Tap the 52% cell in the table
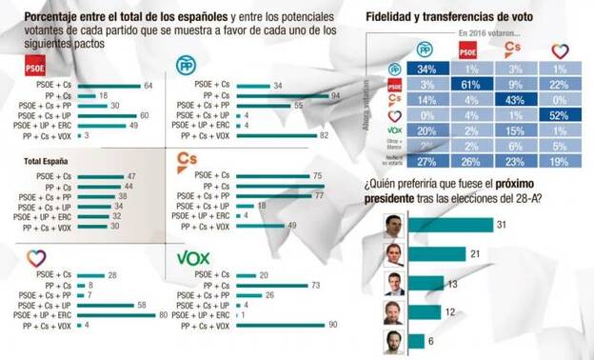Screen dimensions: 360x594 (559, 114)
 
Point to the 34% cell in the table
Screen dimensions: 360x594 (426, 69)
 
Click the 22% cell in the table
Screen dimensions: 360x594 (559, 84)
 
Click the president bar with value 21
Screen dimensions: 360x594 (437, 253)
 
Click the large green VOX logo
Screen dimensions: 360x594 (195, 257)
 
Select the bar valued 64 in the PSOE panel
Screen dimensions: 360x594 (105, 86)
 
